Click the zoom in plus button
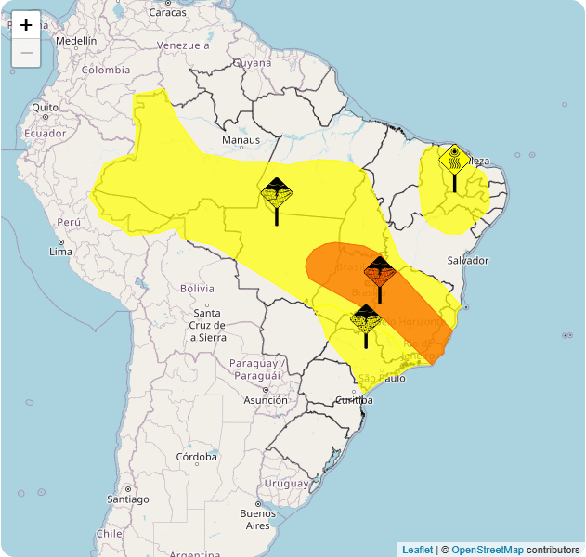(x=26, y=25)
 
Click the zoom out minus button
(x=26, y=53)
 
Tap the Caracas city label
(x=167, y=12)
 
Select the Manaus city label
(x=241, y=140)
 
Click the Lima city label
(x=60, y=251)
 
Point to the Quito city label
(x=46, y=108)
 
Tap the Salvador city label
(x=467, y=260)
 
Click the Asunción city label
(x=266, y=400)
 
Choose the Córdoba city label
(x=197, y=457)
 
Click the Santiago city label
(x=127, y=499)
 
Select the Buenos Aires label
(x=257, y=519)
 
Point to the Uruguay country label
(x=286, y=484)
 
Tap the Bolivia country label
(x=197, y=289)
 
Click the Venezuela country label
(x=184, y=45)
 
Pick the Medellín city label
(x=76, y=41)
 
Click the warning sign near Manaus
(x=277, y=194)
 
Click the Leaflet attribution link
(x=417, y=550)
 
